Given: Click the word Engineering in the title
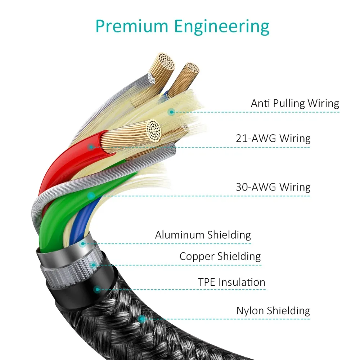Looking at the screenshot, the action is click(x=222, y=27).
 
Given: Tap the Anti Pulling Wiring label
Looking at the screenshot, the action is click(x=295, y=103).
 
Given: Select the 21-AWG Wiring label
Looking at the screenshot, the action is click(x=273, y=139).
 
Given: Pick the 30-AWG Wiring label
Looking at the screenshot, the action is click(x=273, y=187).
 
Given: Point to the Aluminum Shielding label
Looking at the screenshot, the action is click(x=203, y=235).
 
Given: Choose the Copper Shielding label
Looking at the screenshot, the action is click(x=220, y=256).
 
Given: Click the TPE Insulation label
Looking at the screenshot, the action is click(x=231, y=282).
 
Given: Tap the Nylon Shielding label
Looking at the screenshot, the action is click(x=273, y=311).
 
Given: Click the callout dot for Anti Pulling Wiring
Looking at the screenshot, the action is click(x=171, y=112).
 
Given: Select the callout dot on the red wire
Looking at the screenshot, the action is click(x=91, y=147).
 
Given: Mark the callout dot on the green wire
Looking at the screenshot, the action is click(x=91, y=196).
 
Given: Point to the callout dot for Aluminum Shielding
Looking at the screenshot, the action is click(x=83, y=244).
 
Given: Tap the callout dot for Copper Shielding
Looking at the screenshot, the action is click(x=93, y=265).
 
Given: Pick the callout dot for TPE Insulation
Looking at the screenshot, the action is click(x=97, y=289).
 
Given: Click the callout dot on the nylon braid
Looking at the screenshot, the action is click(x=142, y=319).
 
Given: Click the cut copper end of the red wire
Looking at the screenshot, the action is click(x=154, y=130).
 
